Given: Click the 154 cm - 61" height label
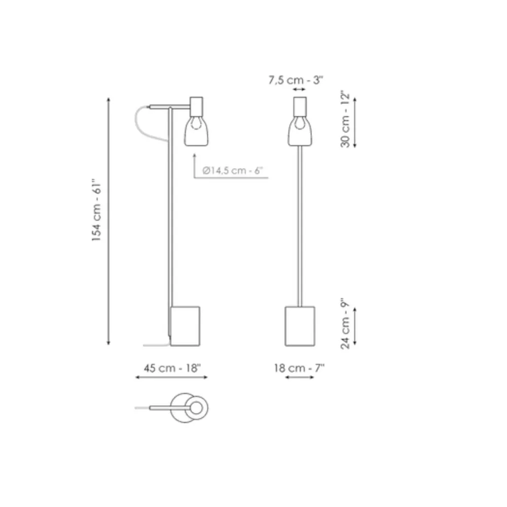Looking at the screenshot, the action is click(97, 210).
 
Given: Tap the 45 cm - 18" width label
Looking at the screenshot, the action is click(172, 368).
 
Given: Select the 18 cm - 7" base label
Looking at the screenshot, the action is click(299, 368).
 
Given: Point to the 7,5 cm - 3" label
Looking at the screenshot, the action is click(296, 80).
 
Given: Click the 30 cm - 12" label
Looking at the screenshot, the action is click(346, 120).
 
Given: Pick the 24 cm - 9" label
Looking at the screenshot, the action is click(346, 323).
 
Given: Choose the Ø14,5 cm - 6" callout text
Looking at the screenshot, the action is click(233, 170).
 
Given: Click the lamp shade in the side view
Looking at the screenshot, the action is click(196, 131).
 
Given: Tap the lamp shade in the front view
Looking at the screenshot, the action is click(300, 131).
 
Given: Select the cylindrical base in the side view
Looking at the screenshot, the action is click(185, 326).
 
